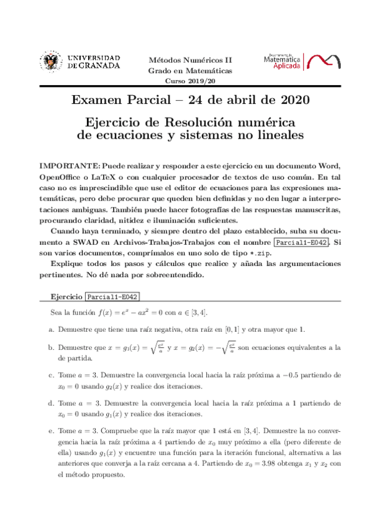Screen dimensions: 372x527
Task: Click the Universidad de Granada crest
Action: [x=51, y=62]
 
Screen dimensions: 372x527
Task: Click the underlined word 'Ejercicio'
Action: [x=66, y=297]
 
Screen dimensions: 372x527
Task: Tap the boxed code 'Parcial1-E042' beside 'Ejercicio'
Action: [x=112, y=297]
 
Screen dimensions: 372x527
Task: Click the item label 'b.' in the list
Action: [x=52, y=348]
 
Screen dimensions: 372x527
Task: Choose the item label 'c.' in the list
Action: [x=52, y=375]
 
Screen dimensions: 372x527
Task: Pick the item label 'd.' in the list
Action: [x=52, y=403]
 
